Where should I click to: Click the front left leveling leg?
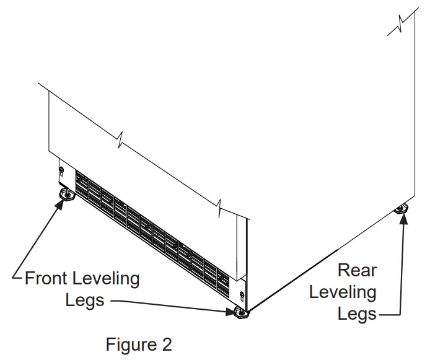(x=64, y=196)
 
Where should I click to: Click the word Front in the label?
(x=46, y=279)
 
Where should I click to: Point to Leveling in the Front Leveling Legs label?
(x=106, y=279)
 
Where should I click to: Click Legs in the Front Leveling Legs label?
(x=85, y=301)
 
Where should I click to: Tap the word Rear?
(x=357, y=270)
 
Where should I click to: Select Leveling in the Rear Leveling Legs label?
(x=342, y=292)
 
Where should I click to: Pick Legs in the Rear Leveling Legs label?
(x=357, y=314)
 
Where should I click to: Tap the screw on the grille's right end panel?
(x=241, y=294)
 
